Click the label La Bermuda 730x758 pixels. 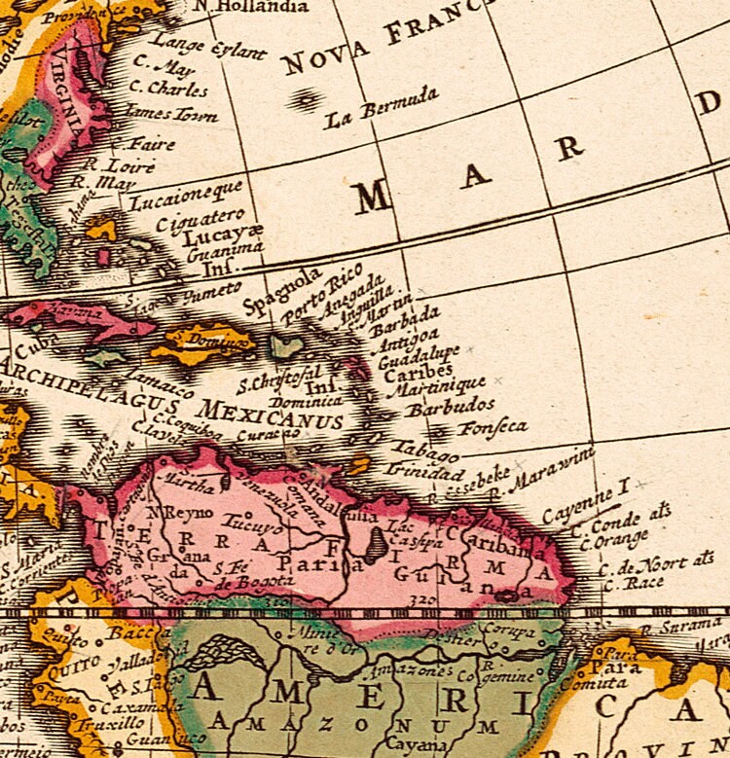(382, 108)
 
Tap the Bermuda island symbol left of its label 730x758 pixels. (308, 99)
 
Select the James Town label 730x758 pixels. (172, 114)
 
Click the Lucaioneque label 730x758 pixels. (186, 196)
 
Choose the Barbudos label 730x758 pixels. (451, 407)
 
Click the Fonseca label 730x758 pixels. (493, 427)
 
